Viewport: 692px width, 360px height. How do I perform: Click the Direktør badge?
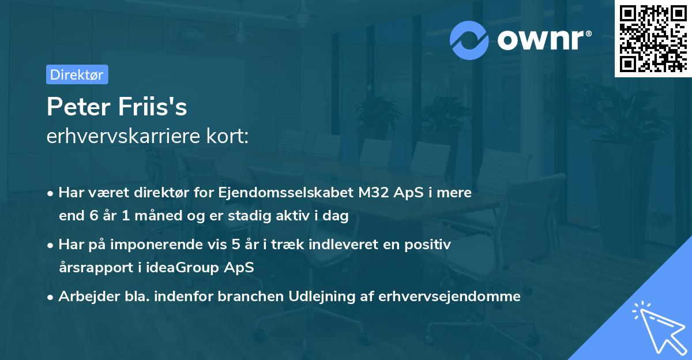point(77,74)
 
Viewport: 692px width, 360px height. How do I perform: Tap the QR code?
point(652,39)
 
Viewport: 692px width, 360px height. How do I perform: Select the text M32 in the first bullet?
point(375,193)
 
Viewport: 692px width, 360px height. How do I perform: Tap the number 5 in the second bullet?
point(235,245)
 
